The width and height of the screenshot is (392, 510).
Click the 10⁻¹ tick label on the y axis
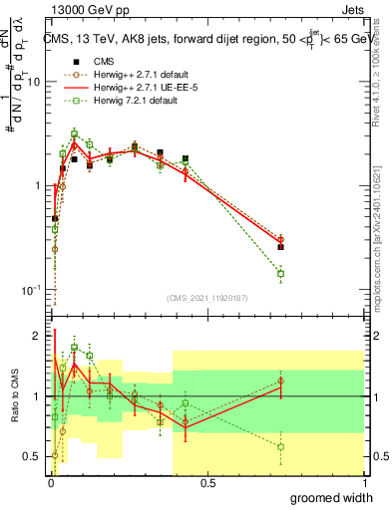(x=32, y=290)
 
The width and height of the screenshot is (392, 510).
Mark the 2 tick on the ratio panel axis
(x=38, y=336)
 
